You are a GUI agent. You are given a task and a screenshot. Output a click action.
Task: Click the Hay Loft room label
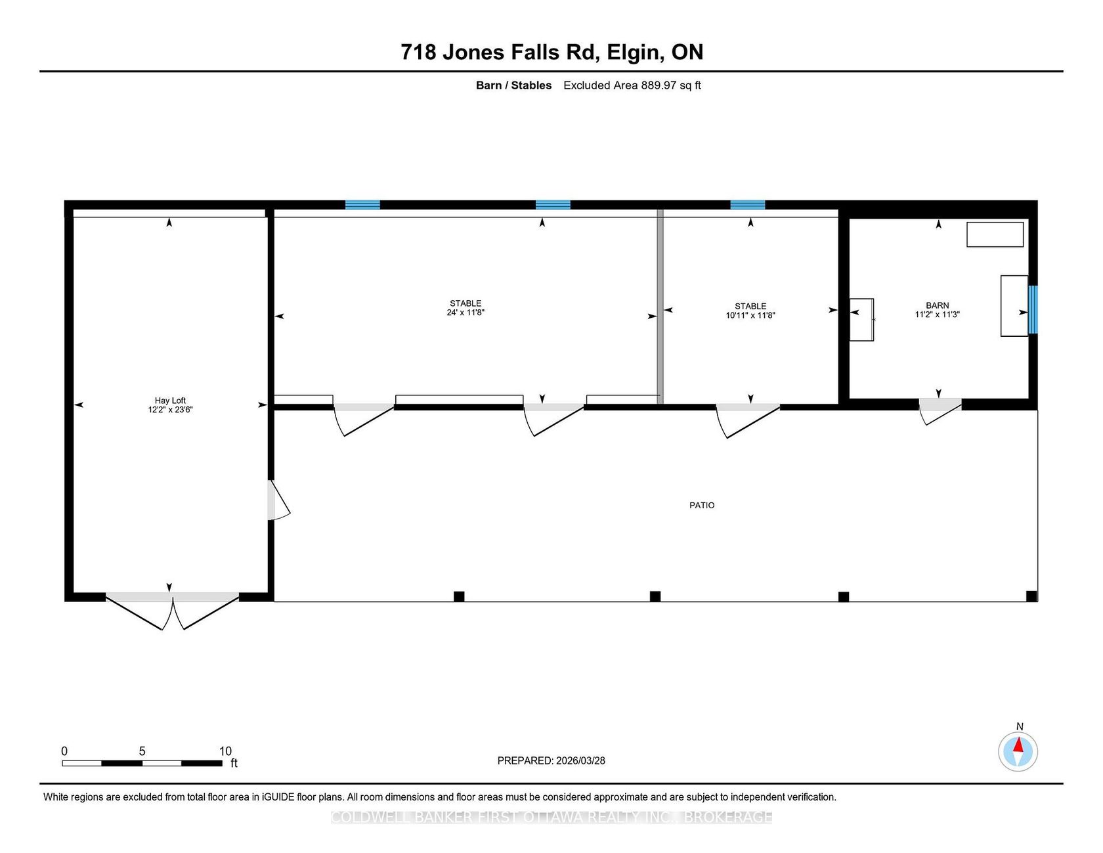(170, 401)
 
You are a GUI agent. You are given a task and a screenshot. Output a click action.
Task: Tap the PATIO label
(702, 505)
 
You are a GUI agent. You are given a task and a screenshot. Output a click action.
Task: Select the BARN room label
(938, 305)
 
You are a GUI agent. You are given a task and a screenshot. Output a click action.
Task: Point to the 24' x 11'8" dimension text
(465, 313)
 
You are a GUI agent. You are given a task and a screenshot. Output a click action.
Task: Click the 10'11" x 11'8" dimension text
(750, 315)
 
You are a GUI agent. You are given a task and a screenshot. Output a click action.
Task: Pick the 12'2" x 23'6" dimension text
(170, 410)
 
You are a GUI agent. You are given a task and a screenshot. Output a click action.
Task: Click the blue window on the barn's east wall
(1033, 309)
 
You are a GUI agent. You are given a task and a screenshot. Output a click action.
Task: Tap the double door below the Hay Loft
(173, 610)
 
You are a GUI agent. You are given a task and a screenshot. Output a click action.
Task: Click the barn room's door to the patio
(940, 410)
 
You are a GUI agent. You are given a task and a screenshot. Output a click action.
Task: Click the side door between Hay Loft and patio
(278, 500)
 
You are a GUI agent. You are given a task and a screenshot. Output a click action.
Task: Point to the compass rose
(1018, 752)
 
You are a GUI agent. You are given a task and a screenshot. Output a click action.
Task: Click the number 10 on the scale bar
(225, 751)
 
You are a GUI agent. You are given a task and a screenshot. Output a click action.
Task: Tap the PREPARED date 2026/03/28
(580, 760)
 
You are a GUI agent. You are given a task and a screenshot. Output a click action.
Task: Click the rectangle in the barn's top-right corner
(995, 234)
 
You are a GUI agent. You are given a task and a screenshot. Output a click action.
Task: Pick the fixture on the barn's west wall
(862, 320)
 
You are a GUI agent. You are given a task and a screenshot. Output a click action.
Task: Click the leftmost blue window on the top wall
(362, 205)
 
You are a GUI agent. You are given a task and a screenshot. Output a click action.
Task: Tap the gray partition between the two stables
(660, 307)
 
